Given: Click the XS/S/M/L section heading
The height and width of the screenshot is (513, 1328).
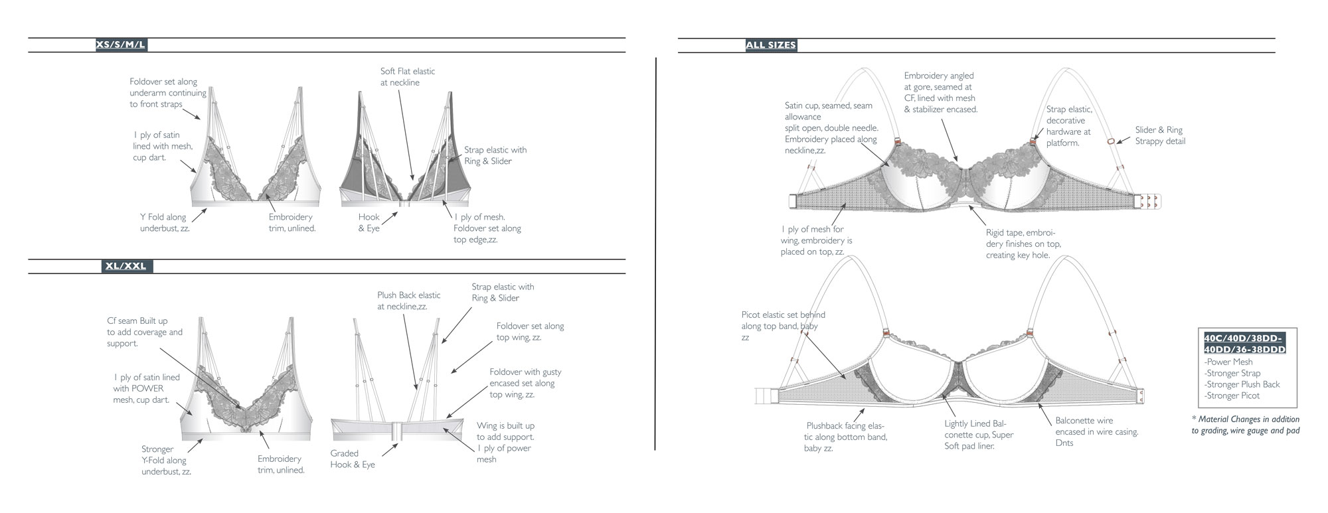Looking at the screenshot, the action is (x=121, y=45).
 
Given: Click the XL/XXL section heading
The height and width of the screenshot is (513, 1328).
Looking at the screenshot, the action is (x=125, y=266).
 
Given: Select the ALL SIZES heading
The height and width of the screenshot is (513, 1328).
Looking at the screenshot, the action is (x=771, y=45).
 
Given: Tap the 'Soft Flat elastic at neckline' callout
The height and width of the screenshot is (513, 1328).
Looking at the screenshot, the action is (x=408, y=76).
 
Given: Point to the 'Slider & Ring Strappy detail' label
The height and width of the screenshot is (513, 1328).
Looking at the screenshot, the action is (x=1160, y=135).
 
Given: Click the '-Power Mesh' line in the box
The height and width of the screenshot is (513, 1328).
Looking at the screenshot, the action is (x=1228, y=362).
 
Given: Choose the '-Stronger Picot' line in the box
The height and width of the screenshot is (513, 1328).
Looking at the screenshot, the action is (x=1232, y=396).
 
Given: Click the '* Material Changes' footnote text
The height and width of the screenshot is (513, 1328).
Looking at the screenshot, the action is (x=1246, y=425).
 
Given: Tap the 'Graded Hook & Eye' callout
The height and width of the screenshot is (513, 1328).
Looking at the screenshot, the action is (x=353, y=459).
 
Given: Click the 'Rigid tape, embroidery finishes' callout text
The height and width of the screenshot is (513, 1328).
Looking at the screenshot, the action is (x=1023, y=244).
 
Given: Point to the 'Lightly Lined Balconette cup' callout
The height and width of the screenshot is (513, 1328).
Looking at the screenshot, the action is (x=979, y=435).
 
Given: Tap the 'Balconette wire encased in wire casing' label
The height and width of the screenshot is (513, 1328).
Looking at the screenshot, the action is (x=1097, y=431).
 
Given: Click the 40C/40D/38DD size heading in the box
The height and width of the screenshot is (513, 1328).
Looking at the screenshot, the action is (x=1244, y=344).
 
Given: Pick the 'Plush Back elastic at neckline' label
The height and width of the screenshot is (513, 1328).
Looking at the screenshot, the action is (x=408, y=301).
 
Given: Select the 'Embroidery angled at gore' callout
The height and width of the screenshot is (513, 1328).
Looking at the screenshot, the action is (x=941, y=92).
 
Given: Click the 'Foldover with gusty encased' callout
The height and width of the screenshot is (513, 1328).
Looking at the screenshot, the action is (x=525, y=383).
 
